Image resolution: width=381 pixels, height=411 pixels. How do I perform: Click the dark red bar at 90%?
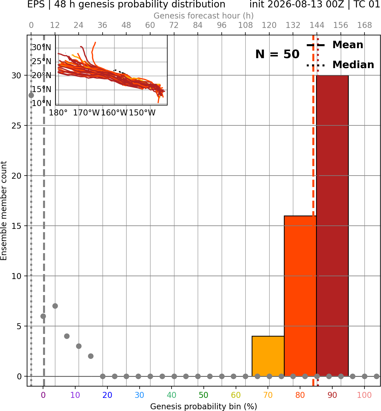click(x=332, y=226)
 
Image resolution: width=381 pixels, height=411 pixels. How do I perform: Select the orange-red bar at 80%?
click(x=300, y=296)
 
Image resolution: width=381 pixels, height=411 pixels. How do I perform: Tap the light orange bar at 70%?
click(x=268, y=356)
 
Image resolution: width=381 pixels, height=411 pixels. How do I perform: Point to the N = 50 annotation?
click(x=277, y=54)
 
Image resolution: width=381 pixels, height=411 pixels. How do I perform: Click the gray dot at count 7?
click(x=55, y=306)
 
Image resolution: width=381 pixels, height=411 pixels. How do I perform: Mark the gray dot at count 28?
click(x=31, y=95)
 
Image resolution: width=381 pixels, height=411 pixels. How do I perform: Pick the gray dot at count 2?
click(x=91, y=356)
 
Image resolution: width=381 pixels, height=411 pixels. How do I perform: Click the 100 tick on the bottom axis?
click(x=364, y=395)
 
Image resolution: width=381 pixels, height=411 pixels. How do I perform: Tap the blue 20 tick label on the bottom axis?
click(x=107, y=395)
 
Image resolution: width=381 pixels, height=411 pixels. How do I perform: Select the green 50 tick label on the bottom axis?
click(x=204, y=395)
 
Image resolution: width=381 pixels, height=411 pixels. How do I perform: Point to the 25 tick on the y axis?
click(x=17, y=126)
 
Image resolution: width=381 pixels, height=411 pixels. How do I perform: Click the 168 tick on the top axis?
click(x=364, y=25)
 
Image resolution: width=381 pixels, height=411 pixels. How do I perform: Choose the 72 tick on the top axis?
click(x=174, y=25)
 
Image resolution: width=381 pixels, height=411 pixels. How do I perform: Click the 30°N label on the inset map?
click(x=41, y=47)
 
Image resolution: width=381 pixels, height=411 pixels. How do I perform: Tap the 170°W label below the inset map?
click(x=87, y=113)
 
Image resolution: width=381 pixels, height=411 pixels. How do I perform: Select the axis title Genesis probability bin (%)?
click(x=204, y=406)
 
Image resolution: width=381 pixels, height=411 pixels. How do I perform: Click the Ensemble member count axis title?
click(x=4, y=211)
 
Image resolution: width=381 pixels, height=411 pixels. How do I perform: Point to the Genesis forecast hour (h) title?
click(x=204, y=16)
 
